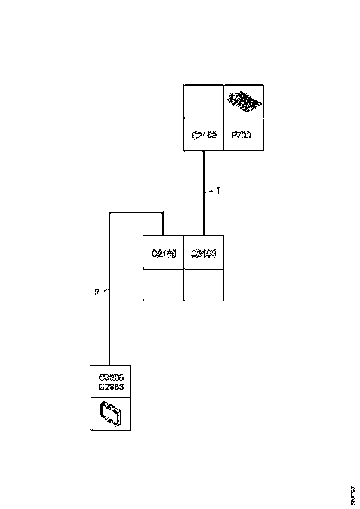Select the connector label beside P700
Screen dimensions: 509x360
(204, 136)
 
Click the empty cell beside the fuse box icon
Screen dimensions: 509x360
(204, 101)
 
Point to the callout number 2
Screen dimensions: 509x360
(96, 292)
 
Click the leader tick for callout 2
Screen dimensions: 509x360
(105, 291)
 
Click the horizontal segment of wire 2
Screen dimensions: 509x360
(136, 213)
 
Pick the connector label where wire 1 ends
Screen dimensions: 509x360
(204, 254)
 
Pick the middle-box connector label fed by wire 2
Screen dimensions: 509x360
(164, 254)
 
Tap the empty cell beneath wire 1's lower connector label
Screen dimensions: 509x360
(204, 285)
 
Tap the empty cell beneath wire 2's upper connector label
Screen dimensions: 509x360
(164, 285)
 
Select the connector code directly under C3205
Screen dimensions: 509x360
(111, 386)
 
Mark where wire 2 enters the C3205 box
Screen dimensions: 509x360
(109, 365)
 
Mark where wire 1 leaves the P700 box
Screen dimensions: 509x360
(204, 152)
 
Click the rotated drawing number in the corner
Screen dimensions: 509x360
(354, 495)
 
